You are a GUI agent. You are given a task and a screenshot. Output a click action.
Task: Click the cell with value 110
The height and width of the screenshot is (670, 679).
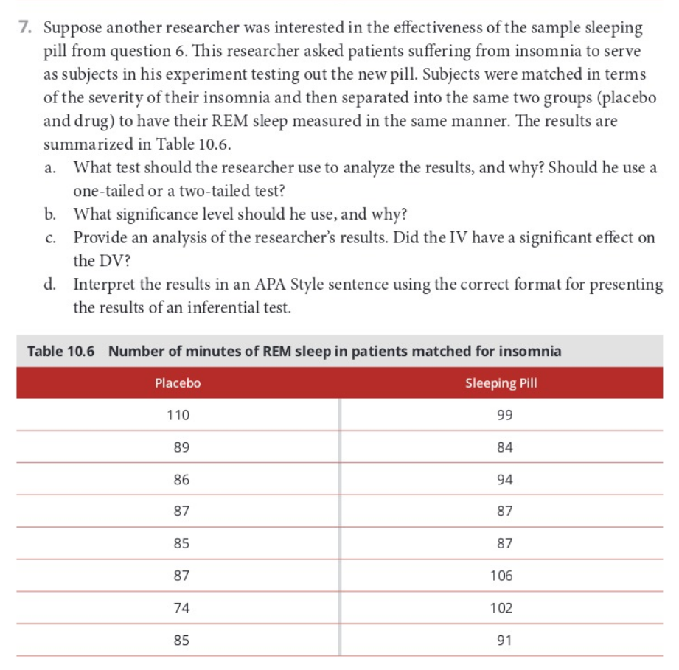[x=178, y=415]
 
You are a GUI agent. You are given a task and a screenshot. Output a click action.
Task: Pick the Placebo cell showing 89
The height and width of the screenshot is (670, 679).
[x=178, y=447]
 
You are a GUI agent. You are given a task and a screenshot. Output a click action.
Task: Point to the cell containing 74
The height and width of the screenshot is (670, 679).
[x=178, y=608]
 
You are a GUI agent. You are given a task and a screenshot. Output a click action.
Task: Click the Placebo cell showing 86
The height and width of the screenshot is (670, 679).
[x=178, y=479]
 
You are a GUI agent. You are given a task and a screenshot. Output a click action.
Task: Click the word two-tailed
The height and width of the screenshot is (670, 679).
[x=206, y=190]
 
